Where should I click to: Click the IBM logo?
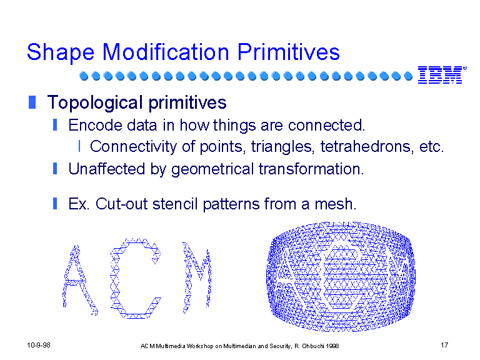(442, 75)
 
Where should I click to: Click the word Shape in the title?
(61, 53)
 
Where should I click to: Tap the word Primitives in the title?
(288, 52)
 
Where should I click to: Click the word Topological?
(95, 102)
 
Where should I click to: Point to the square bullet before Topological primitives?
(32, 102)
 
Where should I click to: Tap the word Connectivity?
(133, 147)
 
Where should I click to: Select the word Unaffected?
(106, 169)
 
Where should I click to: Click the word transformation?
(311, 169)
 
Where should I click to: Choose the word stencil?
(175, 204)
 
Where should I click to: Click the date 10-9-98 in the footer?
(39, 345)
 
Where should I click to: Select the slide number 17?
(444, 345)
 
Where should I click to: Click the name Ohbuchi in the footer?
(313, 346)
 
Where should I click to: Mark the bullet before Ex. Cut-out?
(55, 203)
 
